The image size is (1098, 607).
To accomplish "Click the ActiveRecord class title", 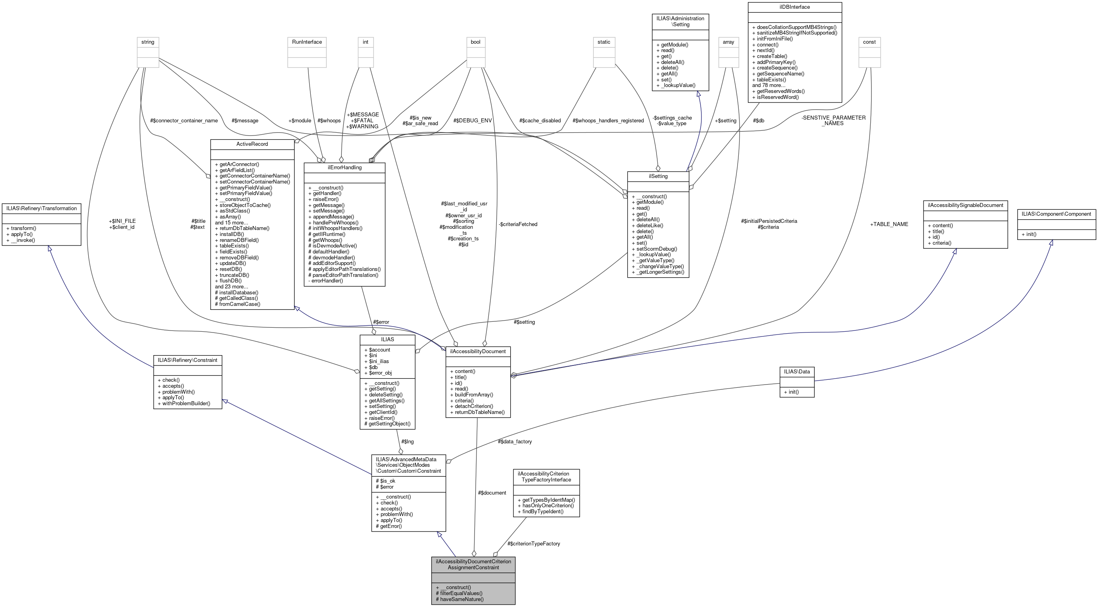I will (252, 144).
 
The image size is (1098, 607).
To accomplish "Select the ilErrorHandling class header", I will (345, 167).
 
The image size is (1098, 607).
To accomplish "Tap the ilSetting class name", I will (658, 176).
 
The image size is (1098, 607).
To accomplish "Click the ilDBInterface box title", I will (794, 7).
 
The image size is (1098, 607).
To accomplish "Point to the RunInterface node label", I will (307, 42).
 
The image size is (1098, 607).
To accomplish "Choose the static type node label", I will (604, 42).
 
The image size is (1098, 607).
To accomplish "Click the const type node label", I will (869, 42).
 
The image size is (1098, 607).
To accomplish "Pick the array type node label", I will (728, 42).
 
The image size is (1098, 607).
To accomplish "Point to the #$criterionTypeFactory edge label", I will (534, 543).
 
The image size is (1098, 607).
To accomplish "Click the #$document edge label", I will (492, 493).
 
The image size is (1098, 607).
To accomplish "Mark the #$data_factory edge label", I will (515, 441).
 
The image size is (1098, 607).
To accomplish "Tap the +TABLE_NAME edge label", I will (889, 224).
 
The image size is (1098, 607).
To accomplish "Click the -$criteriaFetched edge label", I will (518, 224).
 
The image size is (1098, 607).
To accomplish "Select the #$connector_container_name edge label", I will (184, 120).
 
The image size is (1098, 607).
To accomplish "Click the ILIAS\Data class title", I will (797, 371).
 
